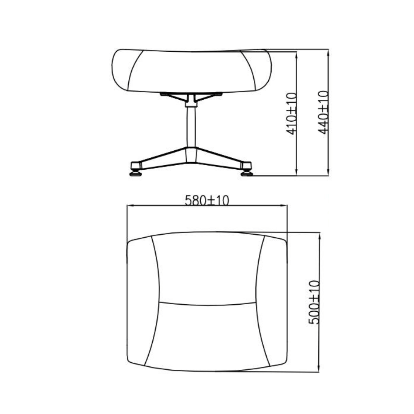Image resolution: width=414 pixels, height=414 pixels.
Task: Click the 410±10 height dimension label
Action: [292, 113]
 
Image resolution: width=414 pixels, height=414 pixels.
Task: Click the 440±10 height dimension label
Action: [323, 112]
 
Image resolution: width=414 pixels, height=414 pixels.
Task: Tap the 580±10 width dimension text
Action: [207, 200]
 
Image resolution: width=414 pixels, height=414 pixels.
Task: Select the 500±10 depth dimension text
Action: [314, 302]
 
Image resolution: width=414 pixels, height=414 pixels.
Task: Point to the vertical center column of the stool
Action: [191, 127]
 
